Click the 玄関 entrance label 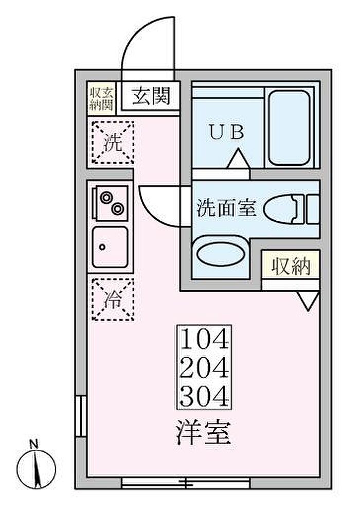(x=151, y=96)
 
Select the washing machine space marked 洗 (x=113, y=142)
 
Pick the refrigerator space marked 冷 (x=113, y=300)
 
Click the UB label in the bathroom (x=227, y=132)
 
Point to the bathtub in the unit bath (x=289, y=128)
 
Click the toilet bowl (x=284, y=209)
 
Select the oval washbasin (x=220, y=254)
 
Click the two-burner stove (x=111, y=204)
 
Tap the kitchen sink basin (x=110, y=247)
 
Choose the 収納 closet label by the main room (x=291, y=266)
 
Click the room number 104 (x=204, y=339)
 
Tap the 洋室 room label (x=203, y=432)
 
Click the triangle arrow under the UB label (x=239, y=158)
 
